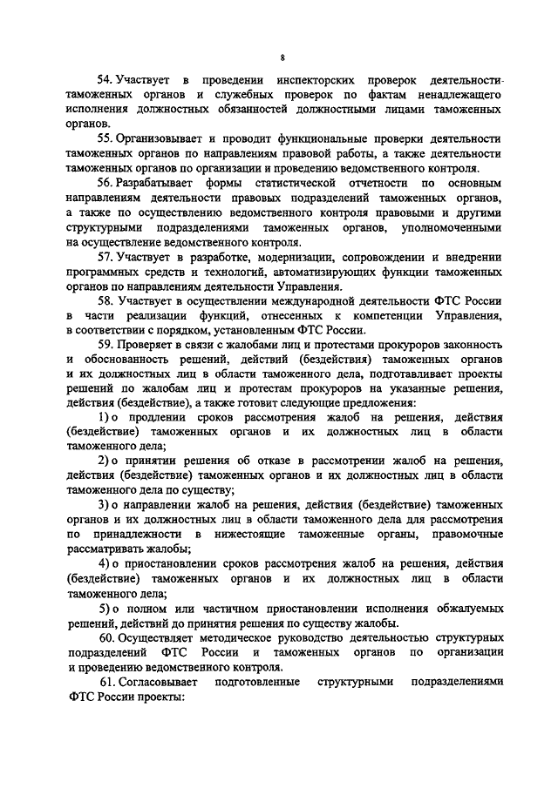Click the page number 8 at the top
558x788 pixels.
click(282, 57)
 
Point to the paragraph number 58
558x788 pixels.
click(106, 301)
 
